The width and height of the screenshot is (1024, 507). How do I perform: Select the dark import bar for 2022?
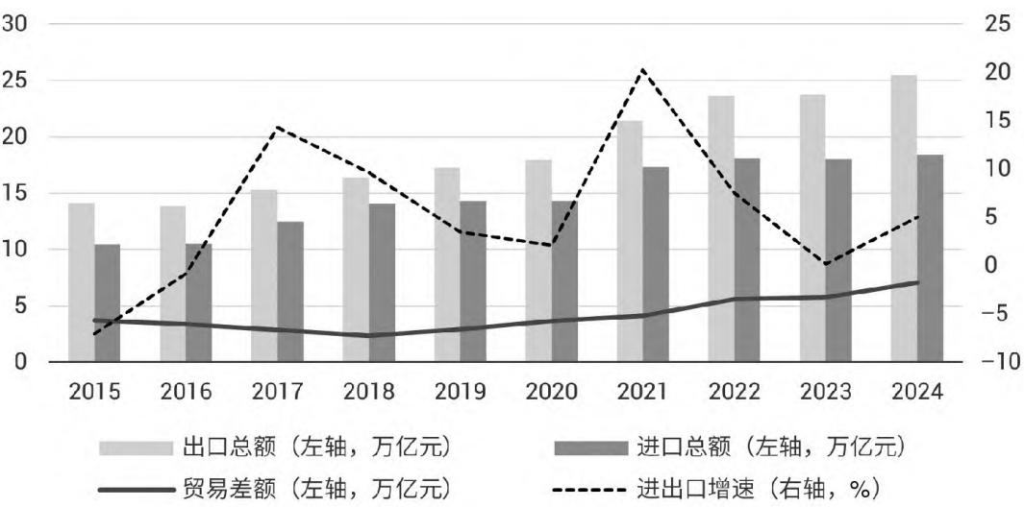coord(747,259)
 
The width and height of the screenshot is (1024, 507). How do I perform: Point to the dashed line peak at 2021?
coord(642,70)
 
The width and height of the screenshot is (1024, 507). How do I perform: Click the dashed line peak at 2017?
coord(277,127)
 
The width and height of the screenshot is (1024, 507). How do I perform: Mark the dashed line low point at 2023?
coord(825,264)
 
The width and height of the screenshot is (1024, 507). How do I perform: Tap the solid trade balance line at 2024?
coord(917,282)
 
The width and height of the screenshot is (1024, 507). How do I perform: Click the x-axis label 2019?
coord(460,392)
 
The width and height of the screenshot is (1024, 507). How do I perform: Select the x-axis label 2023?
coord(825,392)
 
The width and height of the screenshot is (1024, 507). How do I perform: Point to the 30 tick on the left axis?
coord(15,24)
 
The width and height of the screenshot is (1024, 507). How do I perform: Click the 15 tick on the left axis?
coord(15,193)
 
